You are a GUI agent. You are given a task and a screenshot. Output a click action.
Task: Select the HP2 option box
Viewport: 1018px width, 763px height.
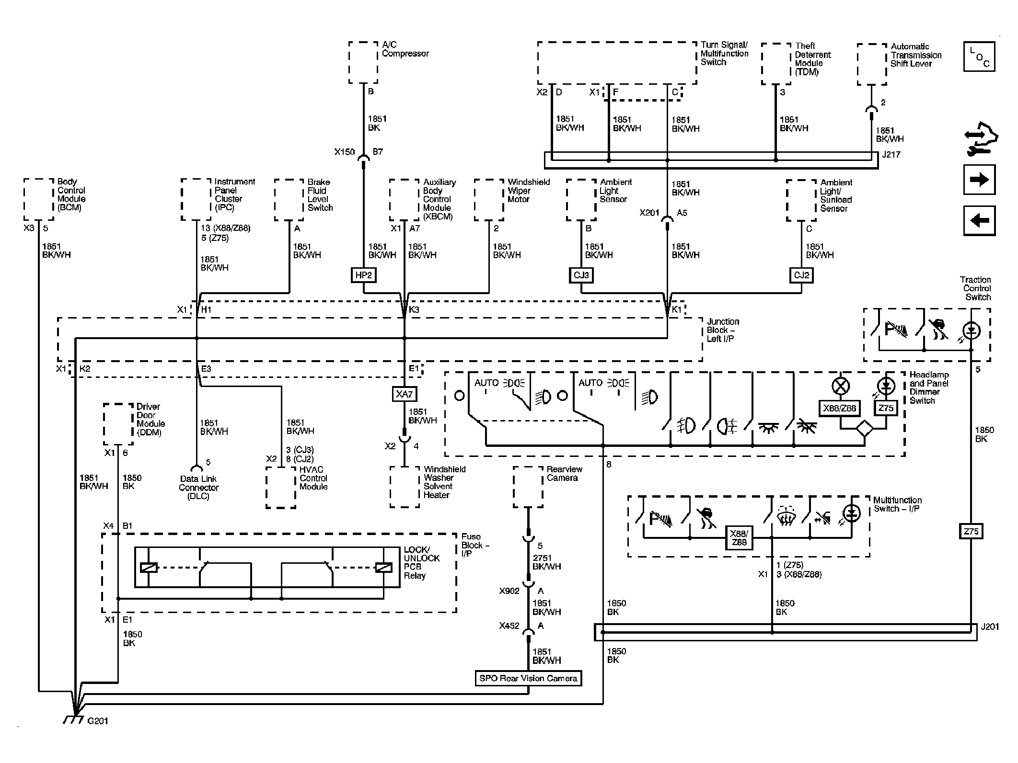point(363,275)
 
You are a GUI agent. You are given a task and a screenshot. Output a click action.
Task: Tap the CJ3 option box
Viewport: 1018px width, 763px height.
point(581,275)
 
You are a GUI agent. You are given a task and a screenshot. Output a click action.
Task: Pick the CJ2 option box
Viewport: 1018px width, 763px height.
point(801,275)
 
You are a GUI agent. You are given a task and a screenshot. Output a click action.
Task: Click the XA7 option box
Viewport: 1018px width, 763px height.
point(404,394)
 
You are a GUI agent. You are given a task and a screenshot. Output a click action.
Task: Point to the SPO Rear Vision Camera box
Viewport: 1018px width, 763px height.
point(528,678)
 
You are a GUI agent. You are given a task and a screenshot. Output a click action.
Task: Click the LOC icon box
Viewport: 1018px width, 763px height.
point(979,57)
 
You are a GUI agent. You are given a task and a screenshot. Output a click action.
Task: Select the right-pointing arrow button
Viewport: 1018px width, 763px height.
point(979,180)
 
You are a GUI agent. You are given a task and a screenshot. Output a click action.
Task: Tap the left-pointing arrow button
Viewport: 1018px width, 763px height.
point(979,221)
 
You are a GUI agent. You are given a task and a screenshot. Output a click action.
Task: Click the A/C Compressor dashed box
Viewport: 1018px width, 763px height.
point(363,62)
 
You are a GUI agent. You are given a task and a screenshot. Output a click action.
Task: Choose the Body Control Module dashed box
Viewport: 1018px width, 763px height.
point(39,199)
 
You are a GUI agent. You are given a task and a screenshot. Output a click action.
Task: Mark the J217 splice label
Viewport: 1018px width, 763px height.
point(891,155)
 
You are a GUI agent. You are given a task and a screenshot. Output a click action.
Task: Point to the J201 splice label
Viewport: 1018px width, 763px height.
point(990,626)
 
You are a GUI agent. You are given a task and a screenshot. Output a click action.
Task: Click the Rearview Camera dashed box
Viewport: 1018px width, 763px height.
point(528,487)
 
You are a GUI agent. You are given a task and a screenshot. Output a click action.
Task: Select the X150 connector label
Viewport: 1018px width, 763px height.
point(345,152)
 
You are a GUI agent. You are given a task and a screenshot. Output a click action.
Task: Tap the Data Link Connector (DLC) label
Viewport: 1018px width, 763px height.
point(198,488)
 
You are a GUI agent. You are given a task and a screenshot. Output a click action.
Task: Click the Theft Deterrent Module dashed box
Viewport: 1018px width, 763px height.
point(776,64)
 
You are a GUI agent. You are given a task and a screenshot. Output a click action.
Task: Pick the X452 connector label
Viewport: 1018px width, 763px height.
point(509,626)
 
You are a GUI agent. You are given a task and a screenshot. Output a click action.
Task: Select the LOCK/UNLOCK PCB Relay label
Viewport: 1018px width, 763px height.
point(421,563)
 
